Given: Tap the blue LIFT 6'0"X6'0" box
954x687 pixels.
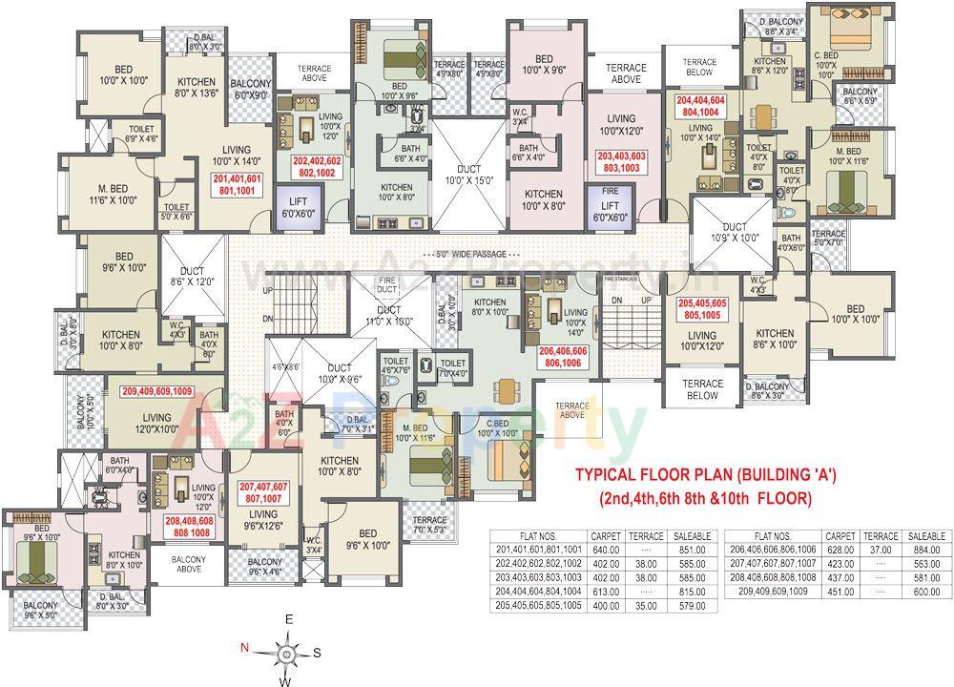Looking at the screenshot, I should (300, 209).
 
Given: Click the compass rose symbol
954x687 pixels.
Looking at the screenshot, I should (285, 654).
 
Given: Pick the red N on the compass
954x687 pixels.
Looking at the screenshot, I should (245, 648).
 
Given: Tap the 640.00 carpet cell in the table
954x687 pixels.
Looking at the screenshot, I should (605, 549).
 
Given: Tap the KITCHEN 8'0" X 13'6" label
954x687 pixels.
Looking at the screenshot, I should (196, 87).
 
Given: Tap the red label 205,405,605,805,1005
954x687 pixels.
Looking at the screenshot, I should (702, 307).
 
